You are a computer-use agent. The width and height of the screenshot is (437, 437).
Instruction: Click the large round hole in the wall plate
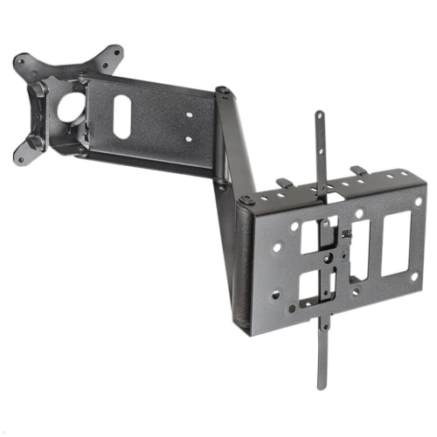pos(72,107)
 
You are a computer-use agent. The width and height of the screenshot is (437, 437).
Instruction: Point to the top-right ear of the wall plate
pos(113,54)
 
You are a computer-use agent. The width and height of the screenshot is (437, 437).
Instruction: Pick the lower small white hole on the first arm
pos(187,139)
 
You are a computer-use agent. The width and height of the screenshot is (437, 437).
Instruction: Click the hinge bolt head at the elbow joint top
pos(224,91)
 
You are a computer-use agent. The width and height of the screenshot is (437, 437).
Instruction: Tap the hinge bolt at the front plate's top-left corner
pos(246,200)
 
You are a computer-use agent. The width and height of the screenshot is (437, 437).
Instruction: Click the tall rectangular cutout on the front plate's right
pos(395,244)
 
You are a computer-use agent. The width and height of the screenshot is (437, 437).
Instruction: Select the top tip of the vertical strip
pos(320,114)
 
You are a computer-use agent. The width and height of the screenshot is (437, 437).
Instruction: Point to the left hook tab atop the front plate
pos(285,184)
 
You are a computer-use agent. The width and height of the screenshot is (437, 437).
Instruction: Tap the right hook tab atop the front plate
pos(357,170)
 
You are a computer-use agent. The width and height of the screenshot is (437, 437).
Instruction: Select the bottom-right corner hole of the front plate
pos(414,276)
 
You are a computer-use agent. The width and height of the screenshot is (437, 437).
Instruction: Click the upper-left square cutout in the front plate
pos(309,240)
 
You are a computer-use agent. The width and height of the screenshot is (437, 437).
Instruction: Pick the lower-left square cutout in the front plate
pos(310,286)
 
